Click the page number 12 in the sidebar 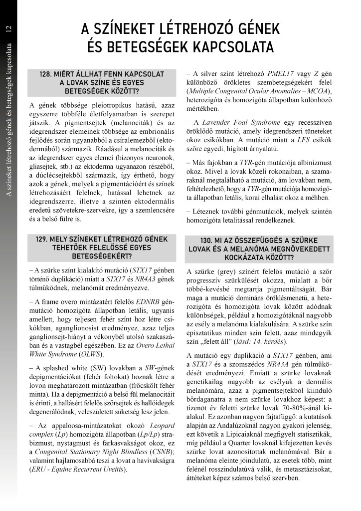pos(8,29)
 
